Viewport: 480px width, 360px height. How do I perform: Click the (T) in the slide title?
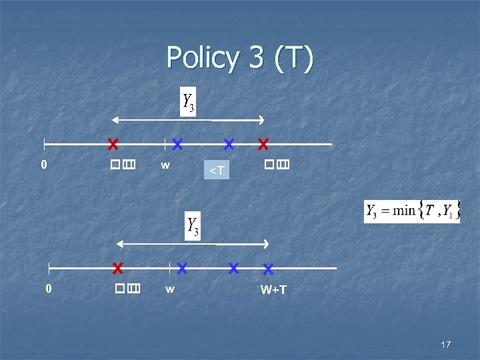(292, 58)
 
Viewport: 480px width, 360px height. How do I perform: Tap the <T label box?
(217, 171)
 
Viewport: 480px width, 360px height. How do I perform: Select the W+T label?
(273, 290)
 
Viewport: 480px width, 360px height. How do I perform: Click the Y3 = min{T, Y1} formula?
(411, 211)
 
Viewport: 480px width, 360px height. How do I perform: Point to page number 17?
(446, 345)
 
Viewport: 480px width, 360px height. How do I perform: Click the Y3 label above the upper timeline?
(189, 102)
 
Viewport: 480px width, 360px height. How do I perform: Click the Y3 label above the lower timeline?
(193, 227)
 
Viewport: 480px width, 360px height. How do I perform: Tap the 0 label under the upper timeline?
(44, 164)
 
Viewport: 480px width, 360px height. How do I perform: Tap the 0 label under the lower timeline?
(48, 289)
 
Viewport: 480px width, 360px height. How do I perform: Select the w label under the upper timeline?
(165, 164)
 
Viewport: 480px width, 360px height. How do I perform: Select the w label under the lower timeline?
(170, 289)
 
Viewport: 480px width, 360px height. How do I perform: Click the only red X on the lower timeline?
(118, 268)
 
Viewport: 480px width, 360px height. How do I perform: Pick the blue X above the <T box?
(229, 143)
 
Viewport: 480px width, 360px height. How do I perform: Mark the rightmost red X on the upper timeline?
(263, 143)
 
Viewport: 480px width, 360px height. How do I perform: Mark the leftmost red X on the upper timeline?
(113, 143)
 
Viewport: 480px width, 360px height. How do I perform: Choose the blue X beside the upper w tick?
(177, 143)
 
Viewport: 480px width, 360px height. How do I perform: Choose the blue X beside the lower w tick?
(182, 268)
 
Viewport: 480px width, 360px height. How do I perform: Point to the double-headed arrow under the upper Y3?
(188, 120)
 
